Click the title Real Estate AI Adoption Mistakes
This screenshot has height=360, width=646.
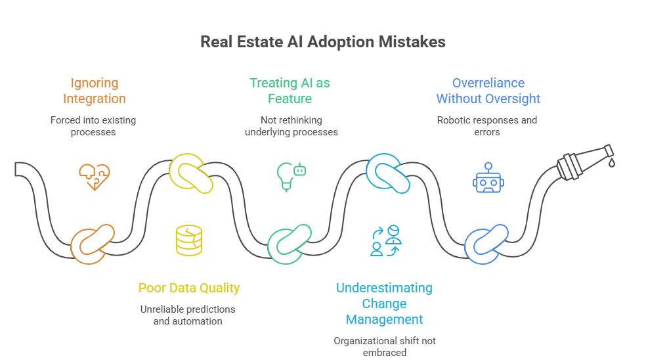tap(322, 42)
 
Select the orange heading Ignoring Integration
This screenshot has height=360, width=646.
tap(95, 91)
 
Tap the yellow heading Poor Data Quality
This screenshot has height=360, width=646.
tap(188, 288)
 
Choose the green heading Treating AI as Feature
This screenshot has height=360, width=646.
tap(290, 91)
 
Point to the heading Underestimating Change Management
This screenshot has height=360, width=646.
tap(384, 304)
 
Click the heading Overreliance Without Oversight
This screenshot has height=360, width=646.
tap(488, 91)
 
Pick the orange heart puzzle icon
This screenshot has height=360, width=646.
tap(95, 177)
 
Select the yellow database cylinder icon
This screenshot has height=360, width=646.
tap(189, 240)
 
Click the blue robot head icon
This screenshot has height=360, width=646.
tap(488, 177)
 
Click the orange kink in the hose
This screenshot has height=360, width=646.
tap(93, 243)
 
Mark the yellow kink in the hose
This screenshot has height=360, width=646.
tap(191, 173)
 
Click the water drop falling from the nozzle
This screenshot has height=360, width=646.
tap(611, 162)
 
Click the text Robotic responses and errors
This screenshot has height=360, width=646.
tap(487, 125)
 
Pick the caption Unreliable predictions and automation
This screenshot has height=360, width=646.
tap(188, 315)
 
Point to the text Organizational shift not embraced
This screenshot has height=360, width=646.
tap(384, 346)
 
